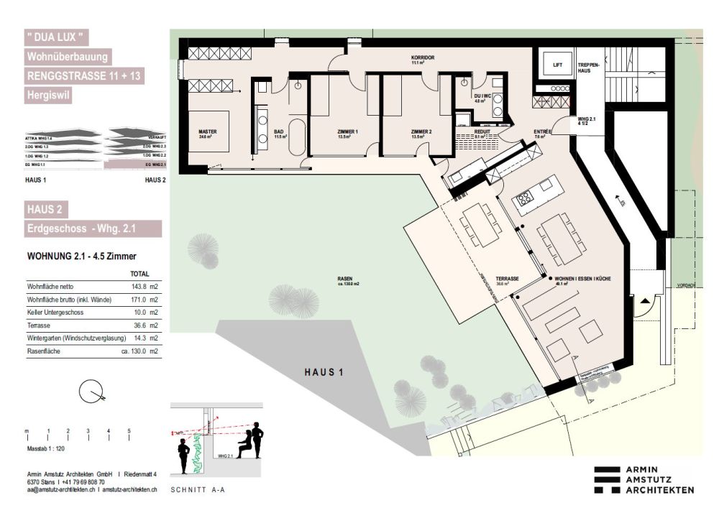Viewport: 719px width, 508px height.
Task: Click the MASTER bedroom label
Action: click(207, 132)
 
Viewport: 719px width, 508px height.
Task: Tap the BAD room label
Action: click(280, 132)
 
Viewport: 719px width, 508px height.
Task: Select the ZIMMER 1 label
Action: click(347, 132)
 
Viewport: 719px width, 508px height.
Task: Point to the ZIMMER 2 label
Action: click(421, 132)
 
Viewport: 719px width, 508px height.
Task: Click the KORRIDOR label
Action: click(423, 57)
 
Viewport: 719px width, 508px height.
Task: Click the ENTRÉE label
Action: click(542, 132)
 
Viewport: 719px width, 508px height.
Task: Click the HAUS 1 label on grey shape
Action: click(319, 372)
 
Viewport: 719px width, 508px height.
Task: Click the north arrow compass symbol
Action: click(92, 392)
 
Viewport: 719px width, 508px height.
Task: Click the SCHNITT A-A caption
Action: click(196, 490)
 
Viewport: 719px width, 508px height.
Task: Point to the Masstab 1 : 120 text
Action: click(46, 447)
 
